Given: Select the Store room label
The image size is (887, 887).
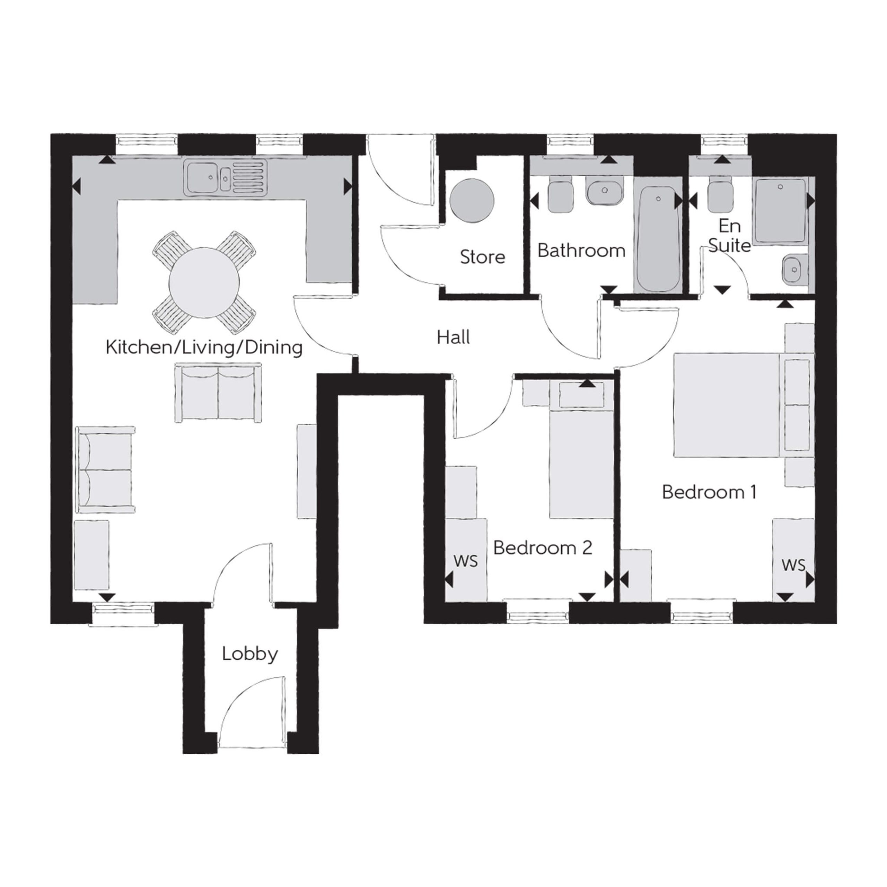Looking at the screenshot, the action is [x=483, y=257].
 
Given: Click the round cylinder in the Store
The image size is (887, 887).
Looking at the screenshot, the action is [x=472, y=200].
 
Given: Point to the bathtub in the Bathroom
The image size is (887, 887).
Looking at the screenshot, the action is [x=658, y=239].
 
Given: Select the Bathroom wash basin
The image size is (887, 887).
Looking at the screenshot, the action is [x=605, y=192].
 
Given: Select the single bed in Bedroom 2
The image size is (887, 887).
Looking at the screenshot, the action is [x=581, y=450].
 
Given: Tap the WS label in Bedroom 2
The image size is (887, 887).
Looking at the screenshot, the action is [x=466, y=561].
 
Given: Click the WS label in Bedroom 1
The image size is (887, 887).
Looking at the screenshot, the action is [x=794, y=565].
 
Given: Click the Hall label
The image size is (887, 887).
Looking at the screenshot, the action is [x=453, y=337].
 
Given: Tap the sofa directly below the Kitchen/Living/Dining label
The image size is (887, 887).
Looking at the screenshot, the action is [x=218, y=393].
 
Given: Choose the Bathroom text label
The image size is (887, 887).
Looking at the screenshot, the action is [x=581, y=251].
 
